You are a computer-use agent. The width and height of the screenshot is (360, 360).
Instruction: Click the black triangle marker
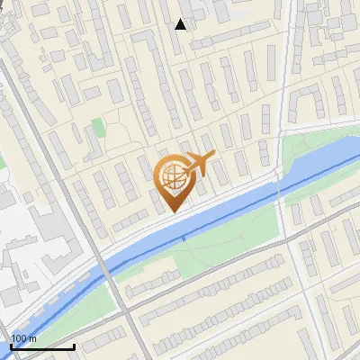coord(181,24)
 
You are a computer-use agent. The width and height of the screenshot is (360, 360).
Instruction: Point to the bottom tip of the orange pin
coord(171,212)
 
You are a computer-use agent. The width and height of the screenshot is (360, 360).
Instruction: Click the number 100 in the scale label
coord(19,338)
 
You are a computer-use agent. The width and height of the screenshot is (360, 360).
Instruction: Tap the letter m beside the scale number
coord(33,338)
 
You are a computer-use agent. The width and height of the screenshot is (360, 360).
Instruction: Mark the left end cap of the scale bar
coord(11,346)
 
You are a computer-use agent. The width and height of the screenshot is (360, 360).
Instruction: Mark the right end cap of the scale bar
coord(74,346)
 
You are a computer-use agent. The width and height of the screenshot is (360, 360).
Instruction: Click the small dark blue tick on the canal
coord(183,238)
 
